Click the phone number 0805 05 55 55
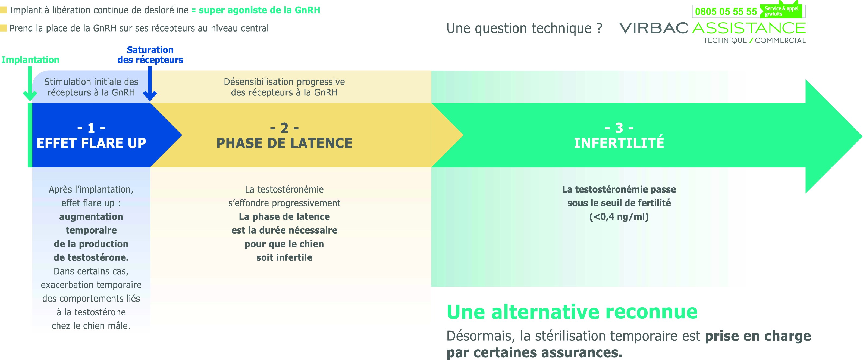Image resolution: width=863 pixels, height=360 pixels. tap(726, 12)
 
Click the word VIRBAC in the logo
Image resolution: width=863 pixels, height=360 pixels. tap(653, 28)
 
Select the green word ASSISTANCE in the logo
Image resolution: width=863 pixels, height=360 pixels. tap(749, 28)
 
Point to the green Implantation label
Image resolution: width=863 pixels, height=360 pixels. tap(30, 60)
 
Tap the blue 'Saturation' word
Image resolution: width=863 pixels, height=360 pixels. tap(150, 50)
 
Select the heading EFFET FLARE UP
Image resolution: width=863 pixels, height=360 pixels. tap(91, 143)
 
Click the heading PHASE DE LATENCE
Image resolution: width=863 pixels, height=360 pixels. tap(284, 143)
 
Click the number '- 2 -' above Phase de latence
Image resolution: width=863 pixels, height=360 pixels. tap(284, 128)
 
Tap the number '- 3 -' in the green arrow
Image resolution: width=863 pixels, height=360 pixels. tap(619, 128)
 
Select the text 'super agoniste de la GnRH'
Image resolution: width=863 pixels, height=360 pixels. tap(260, 10)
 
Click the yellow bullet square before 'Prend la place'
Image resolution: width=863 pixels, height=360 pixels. tap(3, 28)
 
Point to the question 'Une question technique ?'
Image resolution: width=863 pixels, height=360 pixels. tap(524, 28)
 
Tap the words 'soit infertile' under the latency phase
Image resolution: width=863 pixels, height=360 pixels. tap(284, 257)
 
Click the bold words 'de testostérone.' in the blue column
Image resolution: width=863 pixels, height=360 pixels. tap(91, 257)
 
